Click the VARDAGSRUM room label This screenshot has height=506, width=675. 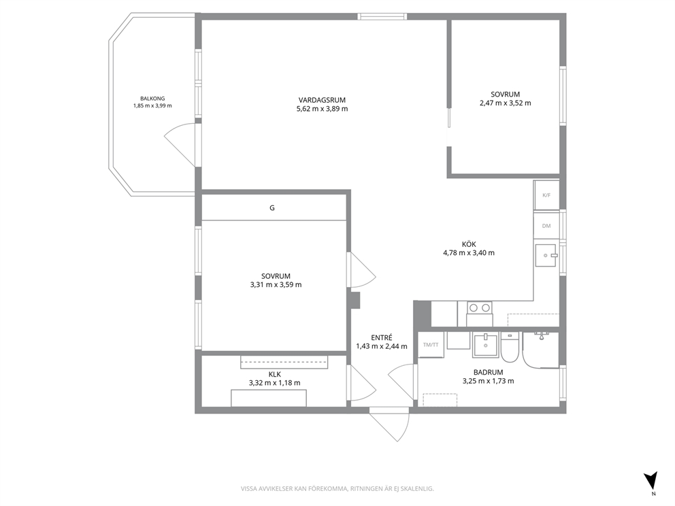(322, 100)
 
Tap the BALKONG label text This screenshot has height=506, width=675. (152, 99)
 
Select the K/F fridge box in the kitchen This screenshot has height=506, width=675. (546, 195)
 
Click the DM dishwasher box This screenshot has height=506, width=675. (546, 226)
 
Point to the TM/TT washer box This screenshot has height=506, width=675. (431, 345)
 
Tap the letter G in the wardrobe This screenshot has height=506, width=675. (272, 208)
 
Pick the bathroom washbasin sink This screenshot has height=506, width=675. (486, 345)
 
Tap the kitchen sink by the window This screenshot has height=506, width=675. (546, 255)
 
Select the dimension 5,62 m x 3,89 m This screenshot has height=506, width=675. (322, 109)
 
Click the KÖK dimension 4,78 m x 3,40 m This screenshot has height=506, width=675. (469, 253)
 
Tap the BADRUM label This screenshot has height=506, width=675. (488, 372)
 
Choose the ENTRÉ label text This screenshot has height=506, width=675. (382, 338)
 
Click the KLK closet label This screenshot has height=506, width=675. (275, 374)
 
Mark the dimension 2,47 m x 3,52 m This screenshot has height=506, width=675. (506, 103)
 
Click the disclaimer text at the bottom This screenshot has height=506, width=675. (337, 489)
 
